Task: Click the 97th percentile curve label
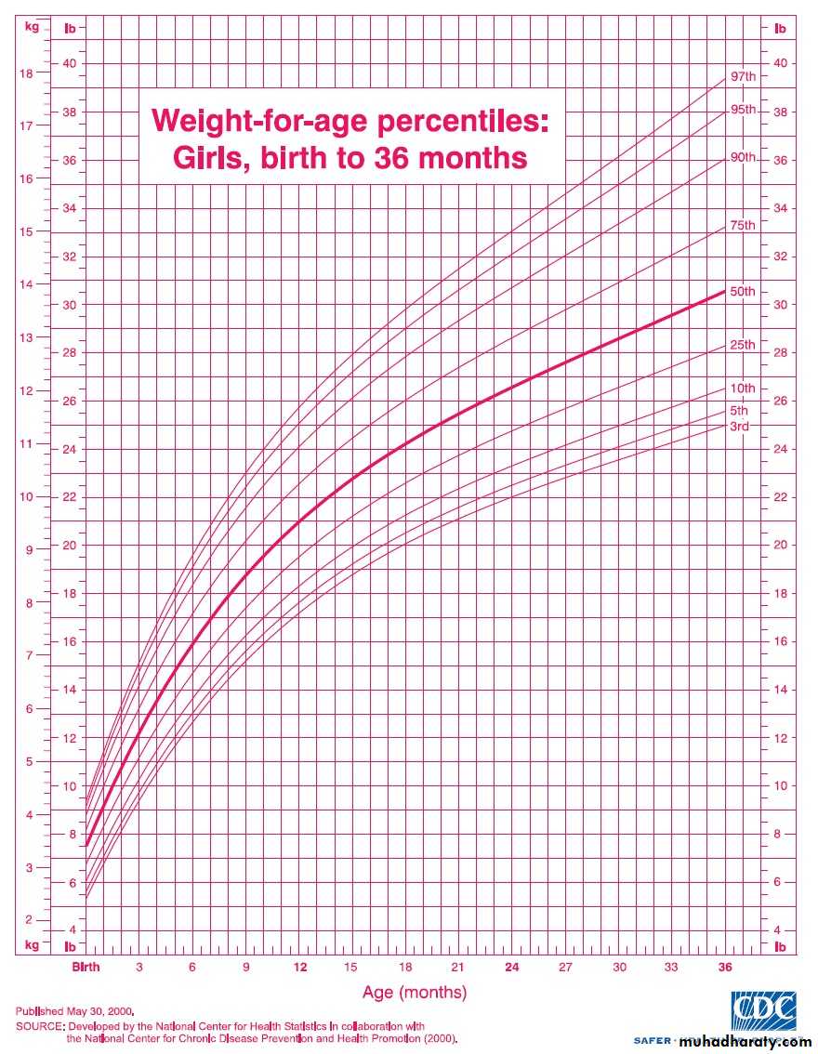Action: point(743,75)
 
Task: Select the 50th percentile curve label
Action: point(743,292)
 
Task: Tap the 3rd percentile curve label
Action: point(739,427)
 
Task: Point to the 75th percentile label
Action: point(743,226)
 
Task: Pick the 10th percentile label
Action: point(743,389)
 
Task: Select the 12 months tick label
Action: point(301,968)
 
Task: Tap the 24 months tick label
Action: point(512,968)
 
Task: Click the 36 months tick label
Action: point(725,968)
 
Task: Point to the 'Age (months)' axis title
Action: point(415,993)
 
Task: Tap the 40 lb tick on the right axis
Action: point(781,63)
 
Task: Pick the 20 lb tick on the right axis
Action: point(781,546)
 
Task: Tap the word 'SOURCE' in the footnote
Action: point(38,1026)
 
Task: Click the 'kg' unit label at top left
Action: point(32,27)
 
